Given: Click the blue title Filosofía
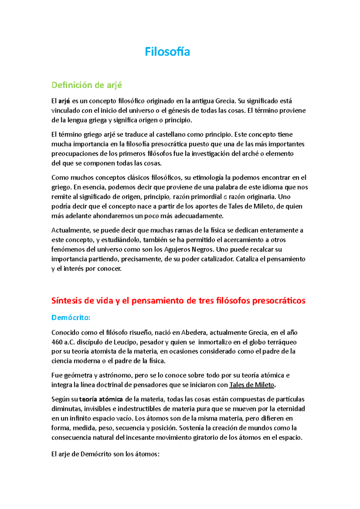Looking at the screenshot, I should (167, 52).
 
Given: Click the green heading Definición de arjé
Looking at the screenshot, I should (87, 85).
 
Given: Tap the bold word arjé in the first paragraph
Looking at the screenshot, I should (64, 101).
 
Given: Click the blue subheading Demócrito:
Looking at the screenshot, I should (71, 317).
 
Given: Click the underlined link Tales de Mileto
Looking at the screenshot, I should (251, 385).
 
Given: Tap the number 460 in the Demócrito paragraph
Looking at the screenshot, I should (57, 342).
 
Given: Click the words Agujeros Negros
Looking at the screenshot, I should (189, 249).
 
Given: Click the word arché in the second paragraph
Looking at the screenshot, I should (250, 154).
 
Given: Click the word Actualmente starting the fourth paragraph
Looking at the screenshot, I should (71, 230).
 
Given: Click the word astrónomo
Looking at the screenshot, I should (115, 375).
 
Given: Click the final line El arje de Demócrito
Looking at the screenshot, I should (105, 454).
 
